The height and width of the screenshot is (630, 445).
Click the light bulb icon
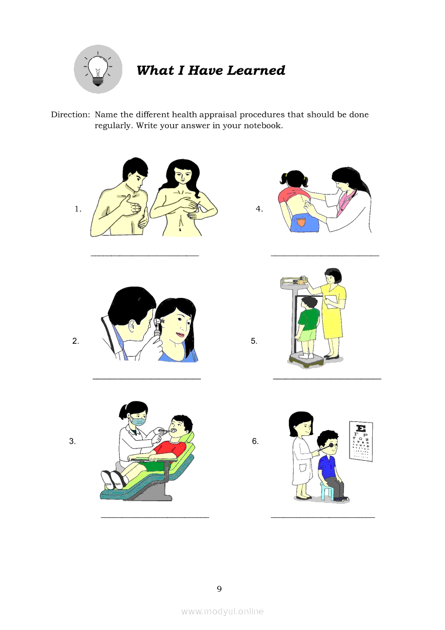point(98,69)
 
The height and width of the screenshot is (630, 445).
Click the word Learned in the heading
point(256,70)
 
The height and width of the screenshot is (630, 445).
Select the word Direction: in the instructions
point(71,114)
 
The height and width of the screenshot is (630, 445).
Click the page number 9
point(219,589)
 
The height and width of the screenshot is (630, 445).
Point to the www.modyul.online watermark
point(222,611)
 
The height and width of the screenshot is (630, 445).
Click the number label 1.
point(78,209)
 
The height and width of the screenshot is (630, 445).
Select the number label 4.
point(260,209)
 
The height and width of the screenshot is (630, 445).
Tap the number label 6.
point(255,441)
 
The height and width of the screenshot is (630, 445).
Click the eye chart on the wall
point(361,441)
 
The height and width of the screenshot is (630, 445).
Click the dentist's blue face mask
point(138,421)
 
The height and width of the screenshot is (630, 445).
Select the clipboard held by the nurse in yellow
point(331,301)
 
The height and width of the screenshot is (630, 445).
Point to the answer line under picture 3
point(155,517)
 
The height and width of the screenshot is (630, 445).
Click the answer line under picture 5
point(327,378)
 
